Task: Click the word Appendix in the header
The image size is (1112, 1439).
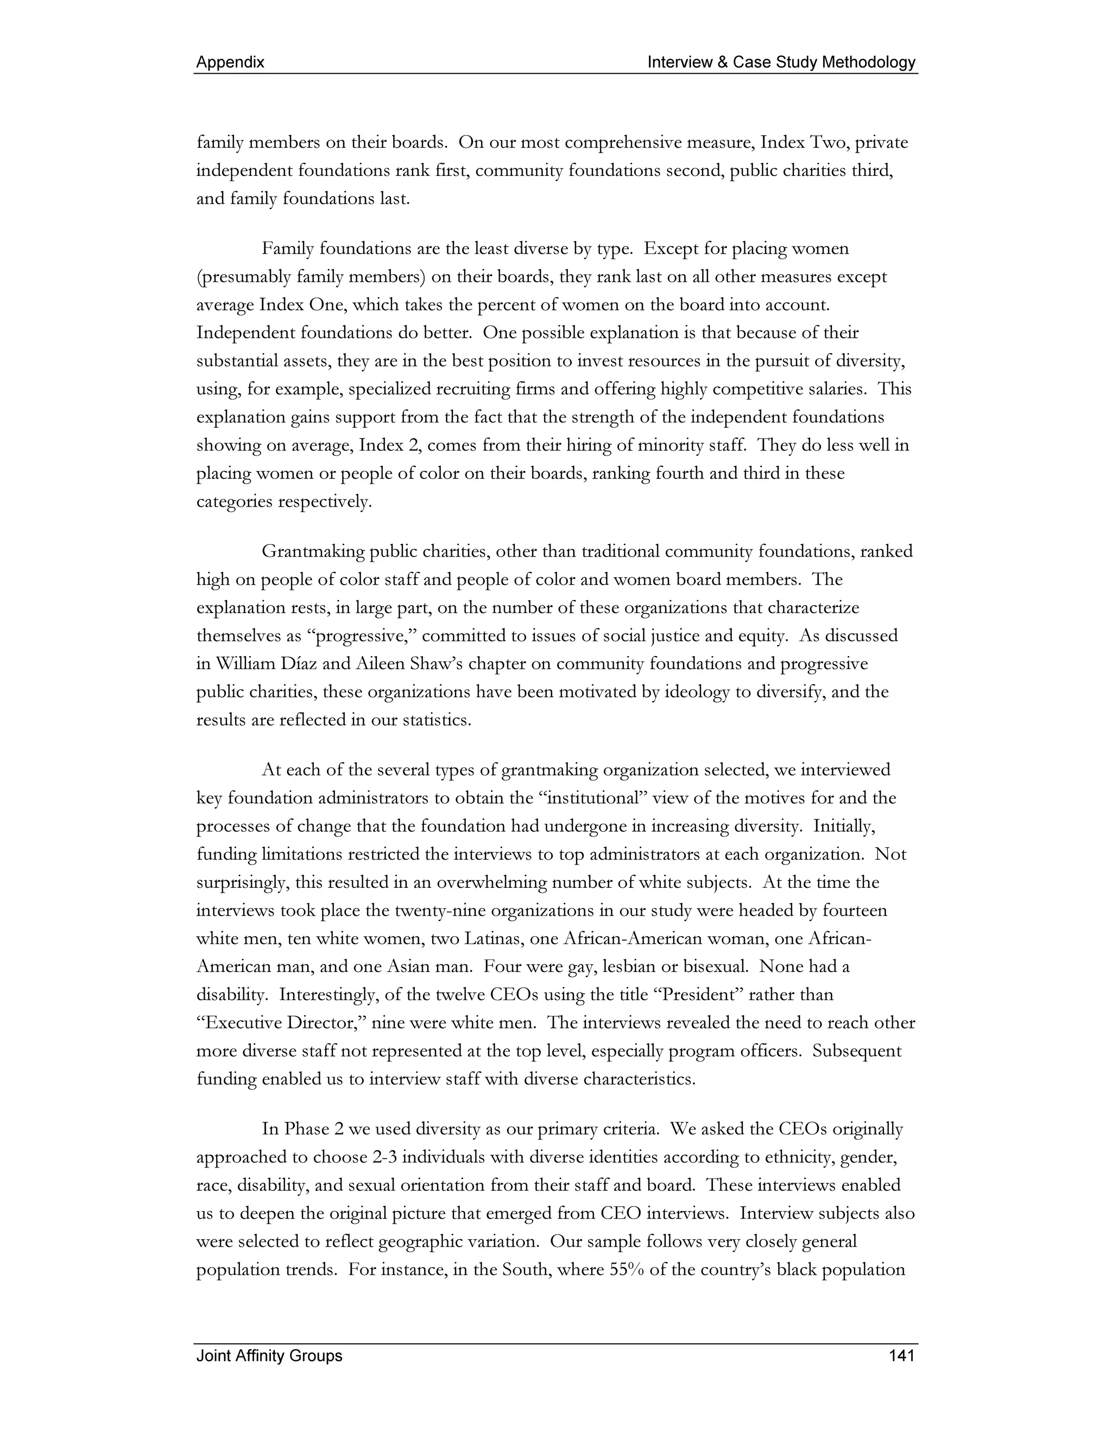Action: (x=230, y=62)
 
